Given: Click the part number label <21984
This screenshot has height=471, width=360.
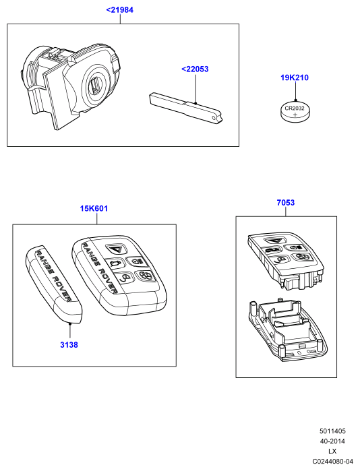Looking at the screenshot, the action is (x=119, y=10).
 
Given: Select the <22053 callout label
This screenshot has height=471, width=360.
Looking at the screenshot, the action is (x=195, y=69).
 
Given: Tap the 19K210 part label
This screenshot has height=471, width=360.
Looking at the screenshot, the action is (x=295, y=77).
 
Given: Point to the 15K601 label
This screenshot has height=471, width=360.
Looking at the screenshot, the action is (x=94, y=208).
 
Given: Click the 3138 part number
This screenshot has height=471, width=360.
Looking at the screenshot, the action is (x=69, y=345).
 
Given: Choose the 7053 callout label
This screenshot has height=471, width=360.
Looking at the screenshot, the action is (x=286, y=203).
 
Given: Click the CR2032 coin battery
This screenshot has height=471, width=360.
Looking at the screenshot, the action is (x=295, y=112).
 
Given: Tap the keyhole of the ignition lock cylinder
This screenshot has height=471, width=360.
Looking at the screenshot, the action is (x=96, y=84).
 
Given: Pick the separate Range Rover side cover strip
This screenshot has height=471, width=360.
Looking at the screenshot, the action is (x=54, y=286).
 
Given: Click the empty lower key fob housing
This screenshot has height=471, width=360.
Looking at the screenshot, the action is (x=287, y=329).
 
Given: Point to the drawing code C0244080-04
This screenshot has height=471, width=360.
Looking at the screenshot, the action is (x=332, y=461).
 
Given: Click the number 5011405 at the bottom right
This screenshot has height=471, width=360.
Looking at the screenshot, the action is (x=332, y=431).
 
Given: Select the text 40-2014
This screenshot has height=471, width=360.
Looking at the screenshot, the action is (x=332, y=441).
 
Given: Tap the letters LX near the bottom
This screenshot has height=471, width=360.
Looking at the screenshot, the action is (x=332, y=451).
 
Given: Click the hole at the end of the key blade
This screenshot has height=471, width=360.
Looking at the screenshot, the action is (x=214, y=118).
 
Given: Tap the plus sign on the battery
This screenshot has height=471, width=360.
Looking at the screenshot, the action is (x=295, y=115).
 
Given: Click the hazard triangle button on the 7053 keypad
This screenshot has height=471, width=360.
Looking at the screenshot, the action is (x=275, y=241).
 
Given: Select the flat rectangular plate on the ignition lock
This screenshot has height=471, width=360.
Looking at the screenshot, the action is (x=55, y=98).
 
